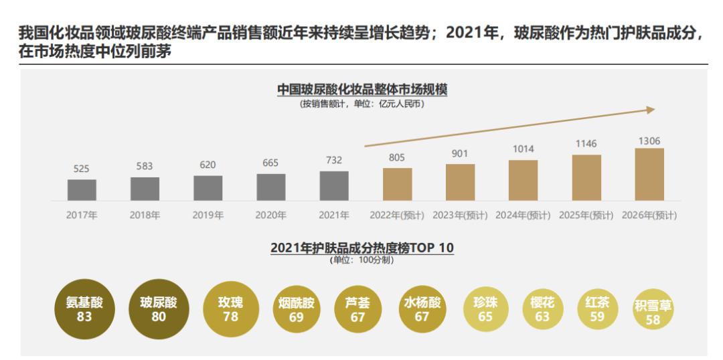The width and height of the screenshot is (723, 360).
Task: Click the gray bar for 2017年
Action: coord(82,189)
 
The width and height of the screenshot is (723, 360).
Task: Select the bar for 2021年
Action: coord(334,185)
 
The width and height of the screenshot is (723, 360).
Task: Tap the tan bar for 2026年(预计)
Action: coord(649,174)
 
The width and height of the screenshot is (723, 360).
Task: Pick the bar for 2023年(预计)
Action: coord(460,182)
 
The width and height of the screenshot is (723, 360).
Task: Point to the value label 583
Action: coord(145,166)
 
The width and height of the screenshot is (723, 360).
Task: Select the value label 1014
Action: coord(523,149)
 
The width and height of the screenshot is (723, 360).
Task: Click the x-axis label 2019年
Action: coord(208,215)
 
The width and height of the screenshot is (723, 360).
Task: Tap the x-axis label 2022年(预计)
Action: coord(397,215)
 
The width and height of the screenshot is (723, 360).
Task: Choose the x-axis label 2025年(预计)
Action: coord(586,215)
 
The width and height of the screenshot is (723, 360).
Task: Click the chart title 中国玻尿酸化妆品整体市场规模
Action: coord(362,90)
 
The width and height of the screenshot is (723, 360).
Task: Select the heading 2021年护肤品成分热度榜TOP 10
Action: coord(362,247)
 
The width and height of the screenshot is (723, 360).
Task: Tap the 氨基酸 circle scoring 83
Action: coord(84,309)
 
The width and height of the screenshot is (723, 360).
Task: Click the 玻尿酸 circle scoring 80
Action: coord(158,309)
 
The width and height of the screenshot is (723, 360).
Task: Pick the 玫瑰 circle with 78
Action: coord(230,309)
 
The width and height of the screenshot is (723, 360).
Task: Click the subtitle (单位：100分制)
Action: coord(362,260)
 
